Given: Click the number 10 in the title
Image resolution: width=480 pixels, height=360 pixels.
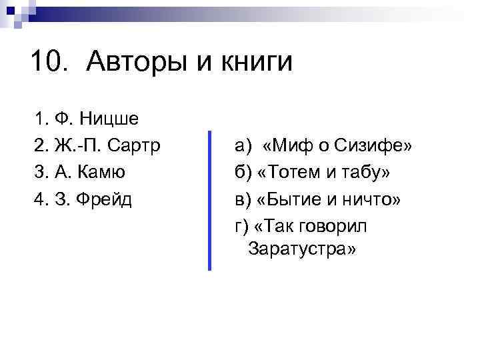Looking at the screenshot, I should pyautogui.click(x=47, y=63).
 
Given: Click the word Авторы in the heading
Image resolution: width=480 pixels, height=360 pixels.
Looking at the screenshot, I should pyautogui.click(x=140, y=63).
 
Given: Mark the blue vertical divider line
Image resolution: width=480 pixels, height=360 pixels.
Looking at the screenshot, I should pyautogui.click(x=209, y=200).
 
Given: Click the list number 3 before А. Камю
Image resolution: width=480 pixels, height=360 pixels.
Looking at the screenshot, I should pyautogui.click(x=40, y=171).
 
